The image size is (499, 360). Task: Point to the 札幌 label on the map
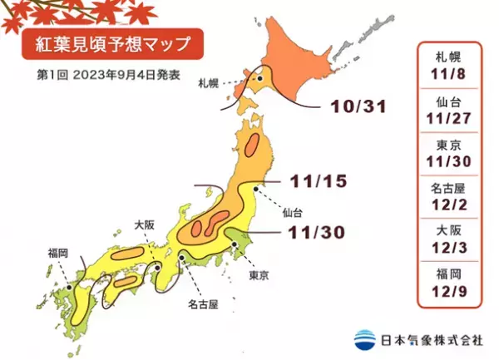pos(209,84)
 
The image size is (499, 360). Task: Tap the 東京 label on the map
pos(259,274)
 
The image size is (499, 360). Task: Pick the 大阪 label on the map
pos(145,224)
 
